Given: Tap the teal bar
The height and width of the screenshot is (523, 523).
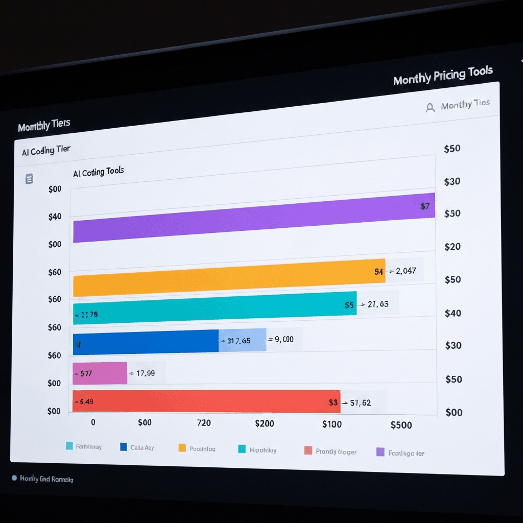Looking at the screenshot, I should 215,307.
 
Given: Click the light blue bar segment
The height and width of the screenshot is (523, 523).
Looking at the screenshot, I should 243,340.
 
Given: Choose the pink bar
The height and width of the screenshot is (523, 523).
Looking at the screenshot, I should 100,373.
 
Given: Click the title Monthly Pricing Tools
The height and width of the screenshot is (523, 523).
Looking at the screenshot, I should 443,76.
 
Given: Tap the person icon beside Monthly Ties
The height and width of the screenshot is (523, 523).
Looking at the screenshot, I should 430,107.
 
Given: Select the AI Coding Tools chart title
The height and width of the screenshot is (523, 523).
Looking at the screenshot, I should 99,172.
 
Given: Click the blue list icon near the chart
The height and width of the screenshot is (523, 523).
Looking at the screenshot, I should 29,179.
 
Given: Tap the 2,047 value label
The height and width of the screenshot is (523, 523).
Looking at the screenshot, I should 406,271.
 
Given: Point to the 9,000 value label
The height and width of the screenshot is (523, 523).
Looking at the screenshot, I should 284,339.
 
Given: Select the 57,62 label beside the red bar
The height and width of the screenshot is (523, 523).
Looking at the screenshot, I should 360,403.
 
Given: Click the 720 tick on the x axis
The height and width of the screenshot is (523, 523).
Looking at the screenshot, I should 204,423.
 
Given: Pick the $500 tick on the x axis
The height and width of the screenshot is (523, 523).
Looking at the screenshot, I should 400,425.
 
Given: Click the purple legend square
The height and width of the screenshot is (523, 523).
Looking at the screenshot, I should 380,451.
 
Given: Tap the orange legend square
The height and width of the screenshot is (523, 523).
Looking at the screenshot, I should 182,448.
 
